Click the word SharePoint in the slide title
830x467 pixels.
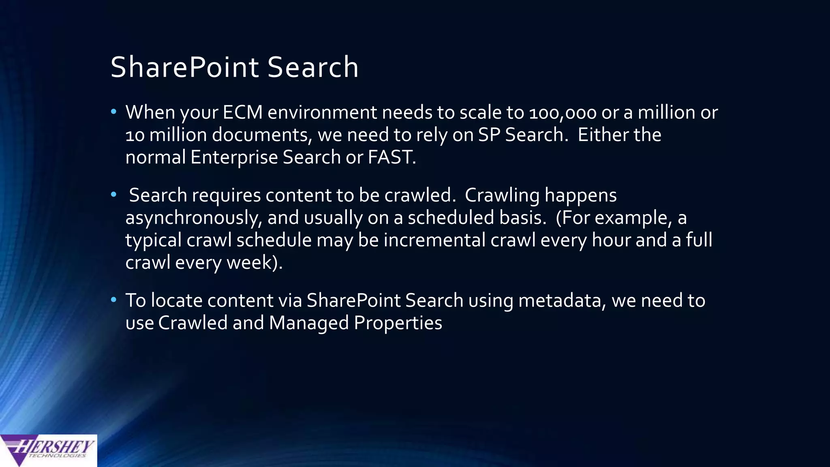(x=184, y=67)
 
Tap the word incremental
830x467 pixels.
(x=434, y=240)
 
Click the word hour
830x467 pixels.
(x=611, y=240)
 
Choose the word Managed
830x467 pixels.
(x=309, y=323)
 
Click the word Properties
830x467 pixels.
(x=398, y=323)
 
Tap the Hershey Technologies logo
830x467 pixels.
(x=48, y=450)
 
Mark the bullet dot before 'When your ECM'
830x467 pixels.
(x=113, y=111)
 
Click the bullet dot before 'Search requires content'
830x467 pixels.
(x=113, y=195)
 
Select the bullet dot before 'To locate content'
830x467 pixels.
(x=113, y=300)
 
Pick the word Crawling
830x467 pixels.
(x=502, y=196)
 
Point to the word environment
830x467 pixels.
(x=322, y=112)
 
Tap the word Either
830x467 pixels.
(x=603, y=135)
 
